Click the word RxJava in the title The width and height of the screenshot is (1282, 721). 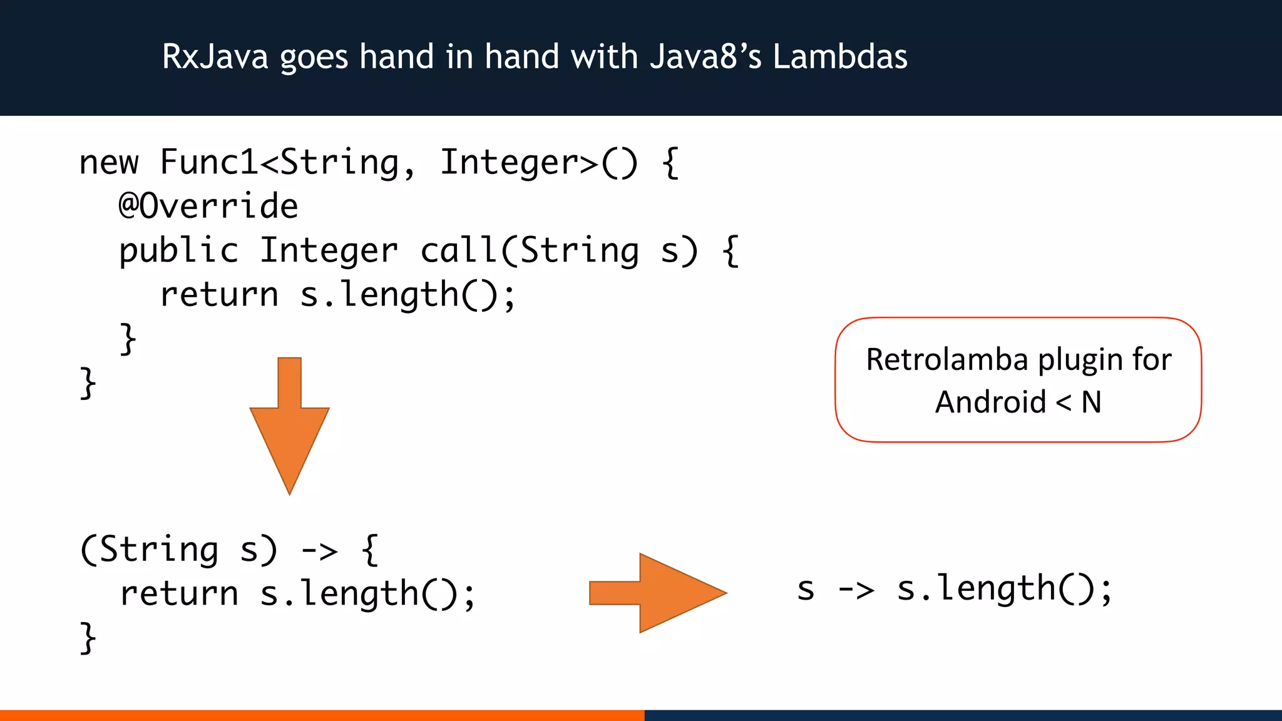point(215,57)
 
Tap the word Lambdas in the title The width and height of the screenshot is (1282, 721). point(839,57)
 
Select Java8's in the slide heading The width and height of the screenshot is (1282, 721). point(705,57)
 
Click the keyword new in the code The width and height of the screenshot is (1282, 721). point(108,163)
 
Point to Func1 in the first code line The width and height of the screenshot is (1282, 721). point(209,163)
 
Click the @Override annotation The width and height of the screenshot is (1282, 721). point(208,207)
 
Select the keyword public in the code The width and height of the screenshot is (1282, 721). point(179,251)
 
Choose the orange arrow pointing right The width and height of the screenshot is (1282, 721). point(657,593)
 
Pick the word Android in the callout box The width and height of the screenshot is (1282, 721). point(990,402)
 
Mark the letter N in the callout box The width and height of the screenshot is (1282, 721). point(1091,402)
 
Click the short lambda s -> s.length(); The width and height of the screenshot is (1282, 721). point(954,590)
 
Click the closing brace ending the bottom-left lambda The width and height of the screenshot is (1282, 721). point(88,638)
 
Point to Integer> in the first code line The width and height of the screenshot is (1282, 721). point(519,163)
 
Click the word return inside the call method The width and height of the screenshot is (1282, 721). point(219,295)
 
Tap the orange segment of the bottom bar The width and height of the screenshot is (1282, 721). point(322,715)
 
